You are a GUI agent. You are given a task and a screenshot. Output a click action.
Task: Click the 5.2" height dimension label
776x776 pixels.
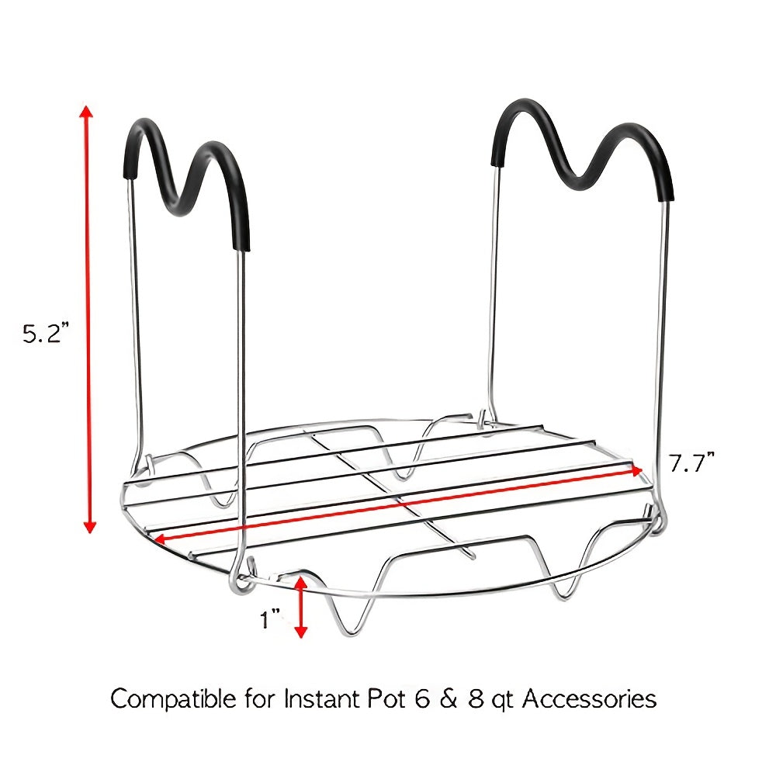44,333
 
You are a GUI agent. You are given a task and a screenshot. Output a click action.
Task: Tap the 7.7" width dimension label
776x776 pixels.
692,463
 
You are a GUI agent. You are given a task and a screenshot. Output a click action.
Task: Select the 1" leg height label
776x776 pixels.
270,619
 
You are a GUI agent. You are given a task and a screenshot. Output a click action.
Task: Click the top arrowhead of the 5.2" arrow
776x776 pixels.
87,112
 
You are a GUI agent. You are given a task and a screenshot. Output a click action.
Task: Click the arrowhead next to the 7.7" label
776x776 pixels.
636,470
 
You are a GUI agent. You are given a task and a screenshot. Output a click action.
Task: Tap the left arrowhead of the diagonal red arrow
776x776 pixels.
161,539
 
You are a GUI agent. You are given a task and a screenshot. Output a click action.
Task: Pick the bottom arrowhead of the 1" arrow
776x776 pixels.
301,632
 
